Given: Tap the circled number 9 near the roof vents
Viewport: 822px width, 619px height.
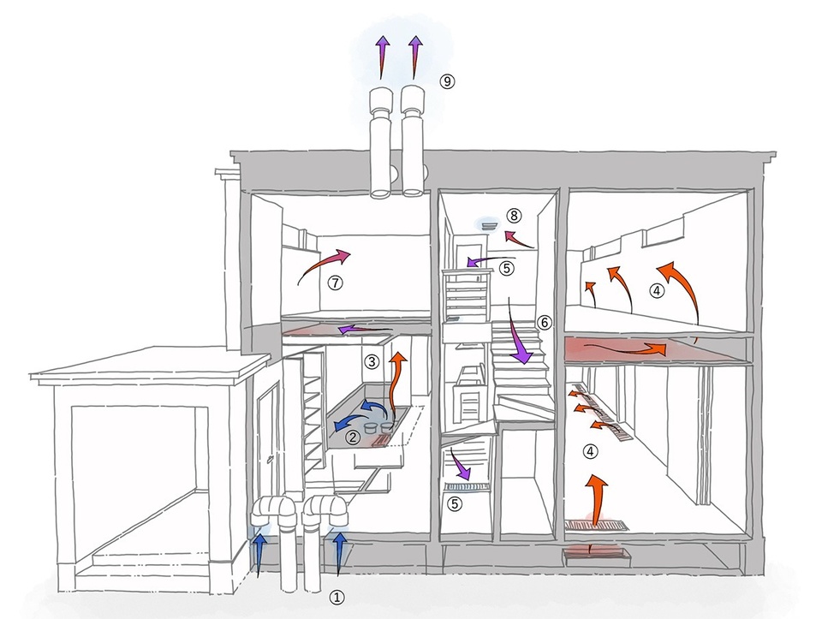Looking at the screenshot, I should coord(446,81).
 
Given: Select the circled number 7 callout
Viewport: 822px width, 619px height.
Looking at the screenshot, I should coord(334,283).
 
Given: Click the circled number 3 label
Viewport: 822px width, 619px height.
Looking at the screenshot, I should coord(372,361).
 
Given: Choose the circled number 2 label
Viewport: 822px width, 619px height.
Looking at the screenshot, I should coord(353,437).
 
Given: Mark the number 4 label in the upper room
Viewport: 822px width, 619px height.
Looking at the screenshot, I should coord(657,291).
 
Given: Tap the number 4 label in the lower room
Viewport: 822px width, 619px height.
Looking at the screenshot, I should coord(589,449).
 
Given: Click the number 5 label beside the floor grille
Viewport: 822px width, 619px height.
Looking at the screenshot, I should coord(456,504).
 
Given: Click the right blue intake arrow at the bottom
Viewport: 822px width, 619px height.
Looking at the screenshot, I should coord(339,551).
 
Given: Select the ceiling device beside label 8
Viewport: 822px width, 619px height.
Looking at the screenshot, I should coord(489,225).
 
